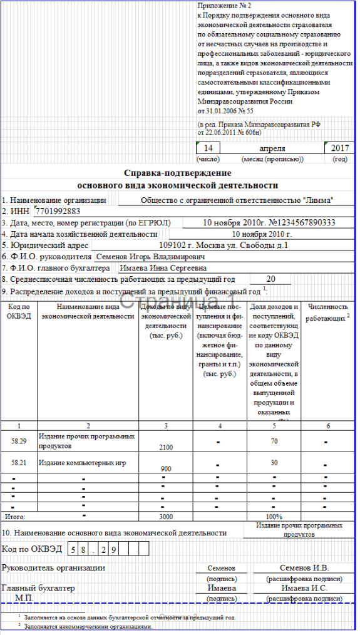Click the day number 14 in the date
tap(209, 148)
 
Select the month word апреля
tap(272, 148)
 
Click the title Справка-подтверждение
tap(177, 173)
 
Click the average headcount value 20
tap(270, 279)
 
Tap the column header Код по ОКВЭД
tap(19, 311)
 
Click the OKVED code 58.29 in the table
tap(19, 441)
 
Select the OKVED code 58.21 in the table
tap(19, 462)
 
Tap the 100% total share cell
tap(274, 517)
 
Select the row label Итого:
tap(16, 517)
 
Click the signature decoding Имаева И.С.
tap(302, 589)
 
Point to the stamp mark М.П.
tap(25, 599)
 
